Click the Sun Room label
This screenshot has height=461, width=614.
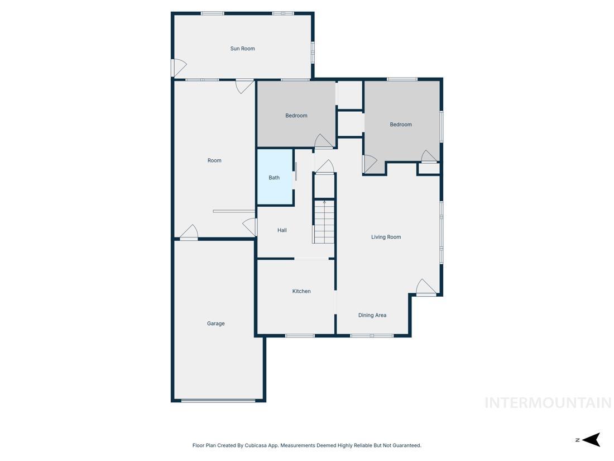[242, 49]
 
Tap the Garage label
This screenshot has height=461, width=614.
[216, 324]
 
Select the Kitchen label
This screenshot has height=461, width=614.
[301, 291]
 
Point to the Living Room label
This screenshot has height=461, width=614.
[386, 237]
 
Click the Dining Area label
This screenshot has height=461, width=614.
[372, 315]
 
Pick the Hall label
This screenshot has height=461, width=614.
[282, 230]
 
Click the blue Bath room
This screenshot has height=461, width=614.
[275, 178]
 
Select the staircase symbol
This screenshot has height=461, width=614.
[324, 222]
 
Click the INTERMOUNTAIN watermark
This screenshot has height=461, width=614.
[548, 402]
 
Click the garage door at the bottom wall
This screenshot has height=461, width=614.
[218, 400]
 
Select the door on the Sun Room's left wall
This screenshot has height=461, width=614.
[177, 68]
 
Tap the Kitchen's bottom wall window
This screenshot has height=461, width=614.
[300, 335]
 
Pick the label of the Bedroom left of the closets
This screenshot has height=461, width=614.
[296, 116]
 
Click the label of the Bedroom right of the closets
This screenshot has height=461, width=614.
[401, 125]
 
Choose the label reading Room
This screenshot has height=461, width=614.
[214, 160]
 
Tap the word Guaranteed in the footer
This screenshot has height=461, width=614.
[407, 445]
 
